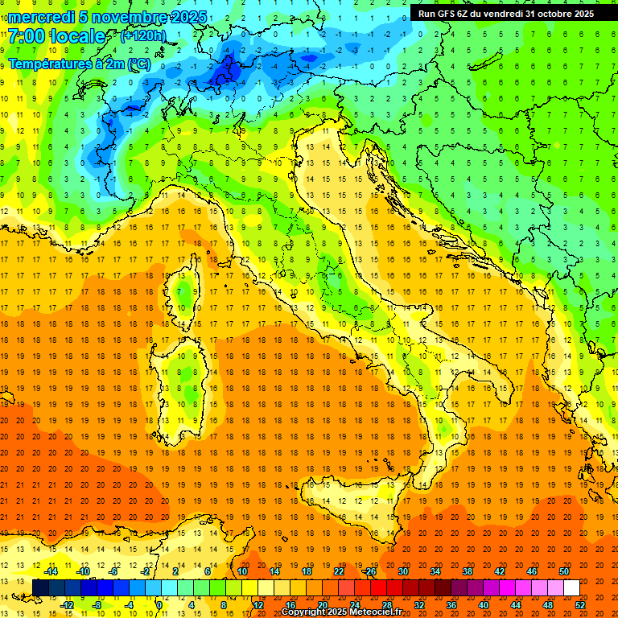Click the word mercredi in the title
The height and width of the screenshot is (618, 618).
pos(41,17)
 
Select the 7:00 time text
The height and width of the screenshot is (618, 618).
pos(29,37)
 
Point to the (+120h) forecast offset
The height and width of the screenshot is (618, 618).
pos(143,36)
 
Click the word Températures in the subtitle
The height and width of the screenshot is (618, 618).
pos(48,63)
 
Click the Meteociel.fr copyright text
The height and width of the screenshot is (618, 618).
pos(342,612)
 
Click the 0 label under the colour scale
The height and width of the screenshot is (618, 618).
pos(160,604)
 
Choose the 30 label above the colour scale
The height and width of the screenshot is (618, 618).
pos(402,571)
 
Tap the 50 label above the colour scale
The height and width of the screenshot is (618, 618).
pos(563,571)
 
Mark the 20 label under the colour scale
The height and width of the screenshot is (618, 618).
pos(322,604)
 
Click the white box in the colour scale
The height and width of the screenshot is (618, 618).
pos(571,587)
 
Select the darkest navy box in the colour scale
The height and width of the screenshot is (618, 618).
pos(40,587)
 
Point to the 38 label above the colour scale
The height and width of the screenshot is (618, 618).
pos(467,571)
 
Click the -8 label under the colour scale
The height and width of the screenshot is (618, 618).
pos(97,604)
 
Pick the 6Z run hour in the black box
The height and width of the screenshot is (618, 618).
pos(466,14)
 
